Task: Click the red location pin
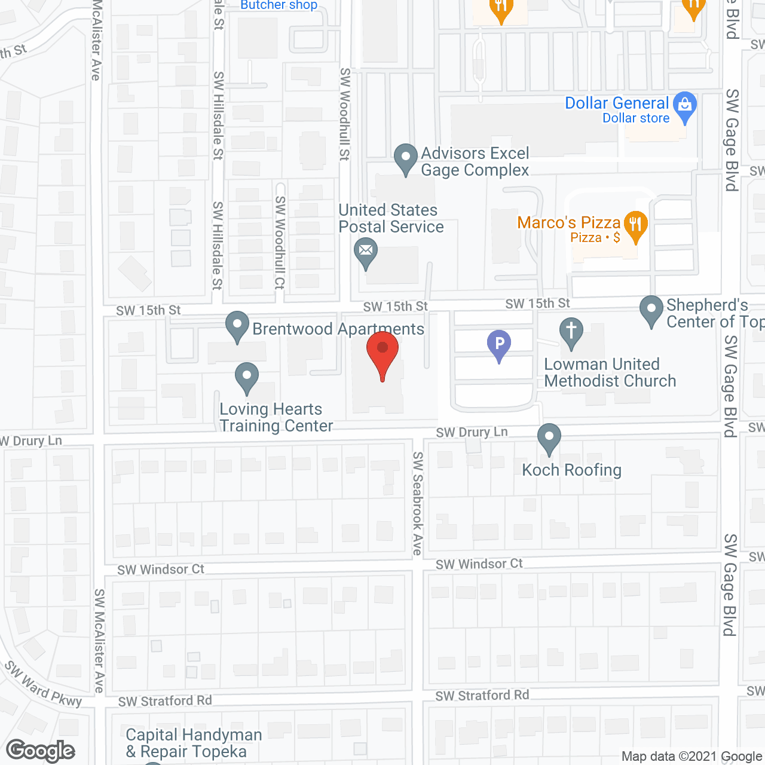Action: [382, 353]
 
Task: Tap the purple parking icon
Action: [499, 345]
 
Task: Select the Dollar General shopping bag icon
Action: [685, 106]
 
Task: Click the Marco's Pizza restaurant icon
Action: [635, 225]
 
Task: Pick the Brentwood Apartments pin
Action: [237, 326]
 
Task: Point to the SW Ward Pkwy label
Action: [44, 684]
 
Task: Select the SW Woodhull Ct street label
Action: [280, 243]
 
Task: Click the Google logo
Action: [41, 751]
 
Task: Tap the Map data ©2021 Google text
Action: [692, 757]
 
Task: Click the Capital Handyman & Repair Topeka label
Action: [194, 743]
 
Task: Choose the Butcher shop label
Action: [279, 5]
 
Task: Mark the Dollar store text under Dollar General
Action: [636, 118]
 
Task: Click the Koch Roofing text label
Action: [572, 470]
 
